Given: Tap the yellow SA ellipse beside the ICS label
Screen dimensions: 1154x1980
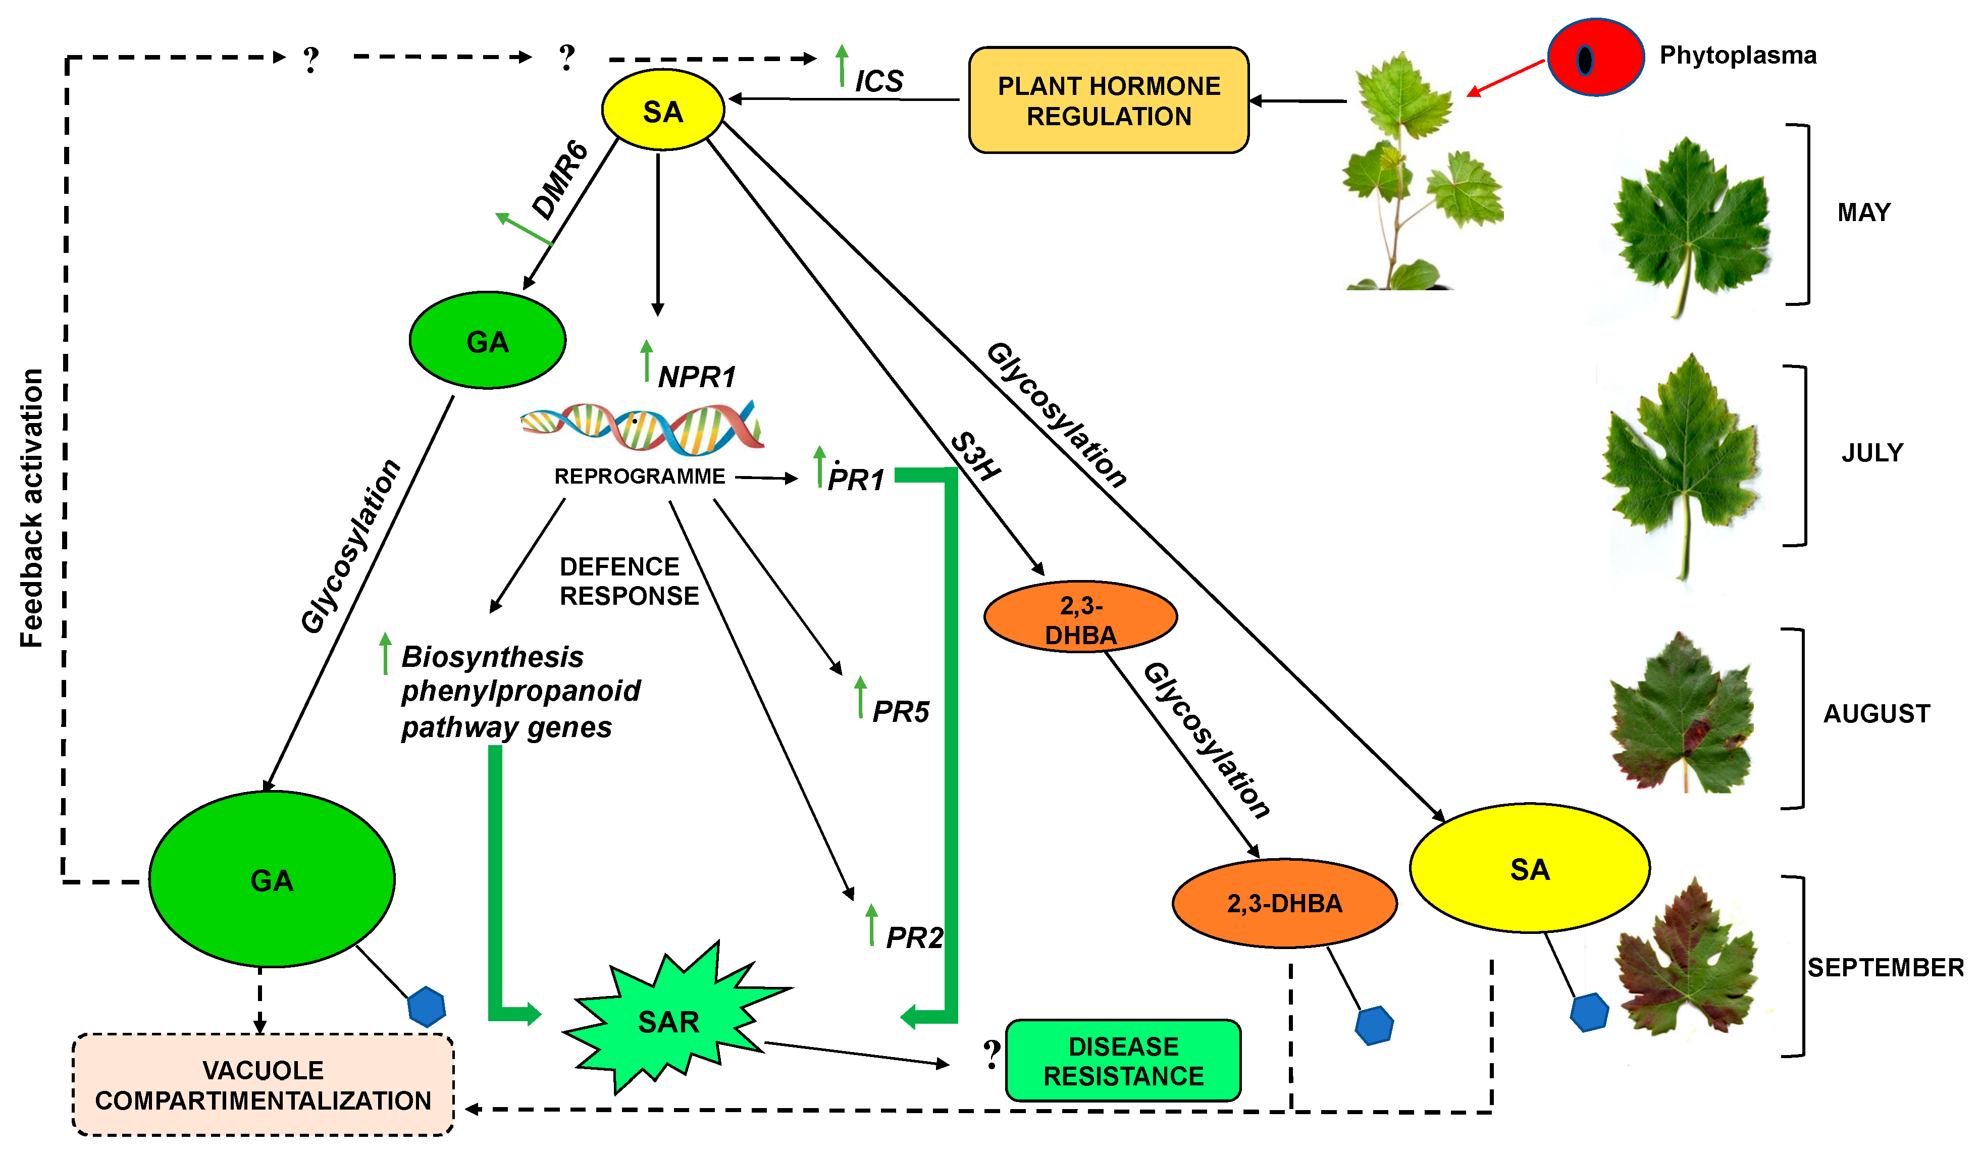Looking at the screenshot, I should [662, 110].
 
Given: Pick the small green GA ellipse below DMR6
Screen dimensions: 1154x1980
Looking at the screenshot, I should [487, 341].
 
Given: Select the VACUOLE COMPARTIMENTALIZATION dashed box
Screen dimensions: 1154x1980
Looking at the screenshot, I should [263, 1085].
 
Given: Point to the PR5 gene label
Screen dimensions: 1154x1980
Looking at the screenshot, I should [901, 712].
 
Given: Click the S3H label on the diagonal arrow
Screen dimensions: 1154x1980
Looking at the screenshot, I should [975, 456].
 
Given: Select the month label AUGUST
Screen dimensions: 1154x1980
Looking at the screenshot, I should [1877, 713].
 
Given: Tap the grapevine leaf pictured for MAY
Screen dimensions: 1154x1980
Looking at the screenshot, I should [1689, 224].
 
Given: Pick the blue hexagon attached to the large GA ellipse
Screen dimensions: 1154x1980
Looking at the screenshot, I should [427, 1006].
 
